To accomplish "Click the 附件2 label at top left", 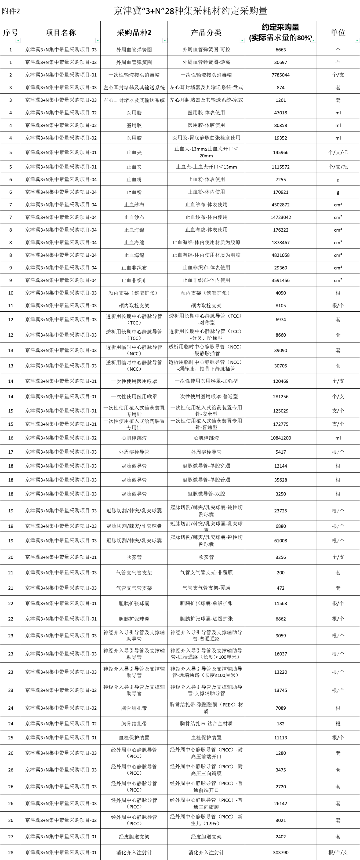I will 11,11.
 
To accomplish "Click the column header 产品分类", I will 206,32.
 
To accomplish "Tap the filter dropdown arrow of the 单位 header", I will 357,40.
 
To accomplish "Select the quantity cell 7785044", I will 280,75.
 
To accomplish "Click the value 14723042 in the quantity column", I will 280,217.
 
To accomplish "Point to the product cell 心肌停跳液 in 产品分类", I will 206,438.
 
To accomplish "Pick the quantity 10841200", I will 280,438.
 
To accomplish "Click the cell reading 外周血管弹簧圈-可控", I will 206,49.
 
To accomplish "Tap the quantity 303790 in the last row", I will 280,852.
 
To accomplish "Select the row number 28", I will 11,852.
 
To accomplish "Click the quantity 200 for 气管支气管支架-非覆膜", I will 280,572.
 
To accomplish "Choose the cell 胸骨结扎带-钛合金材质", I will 206,723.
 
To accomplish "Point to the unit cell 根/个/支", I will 338,852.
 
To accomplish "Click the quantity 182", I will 280,723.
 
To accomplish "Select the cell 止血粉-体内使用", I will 206,192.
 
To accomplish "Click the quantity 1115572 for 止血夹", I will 280,167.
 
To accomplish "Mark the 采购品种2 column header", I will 134,32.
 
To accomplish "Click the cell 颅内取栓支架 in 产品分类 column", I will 206,305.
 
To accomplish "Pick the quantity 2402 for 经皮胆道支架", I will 280,837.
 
